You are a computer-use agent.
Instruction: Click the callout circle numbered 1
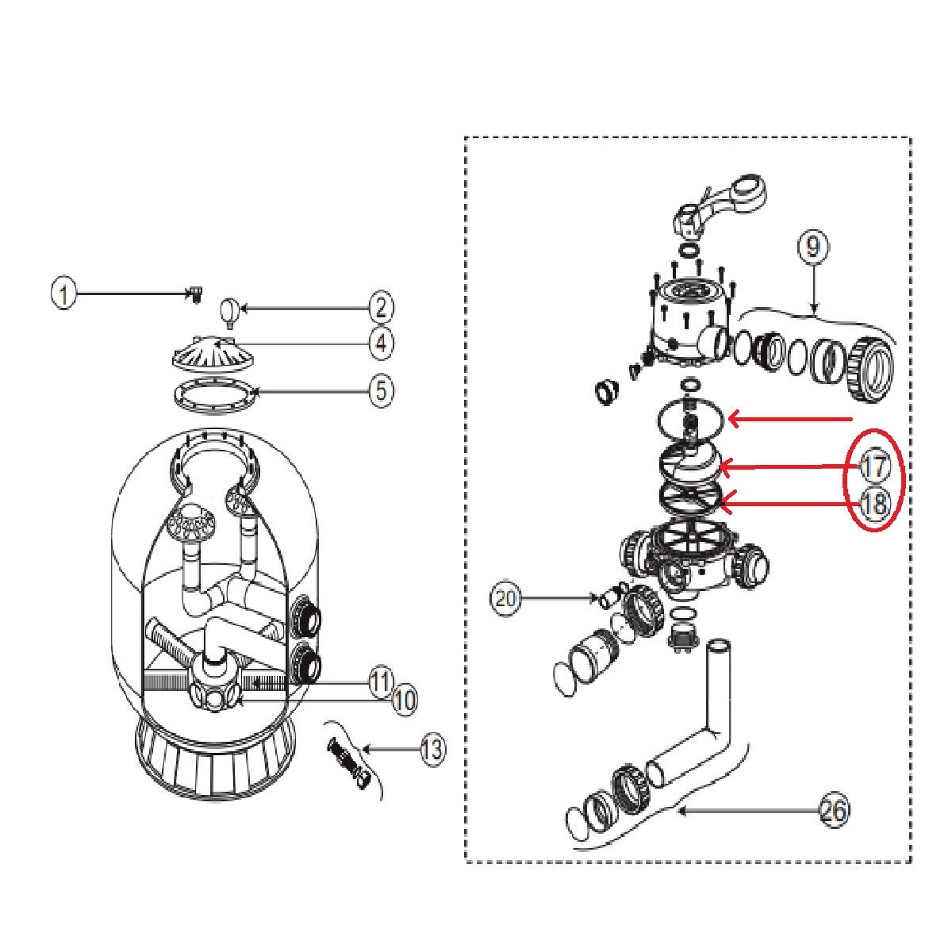(x=64, y=294)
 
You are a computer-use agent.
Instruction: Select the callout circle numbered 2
(x=382, y=309)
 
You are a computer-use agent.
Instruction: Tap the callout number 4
(x=382, y=343)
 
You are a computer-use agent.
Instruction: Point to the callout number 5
(x=382, y=390)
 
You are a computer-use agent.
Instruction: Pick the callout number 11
(x=381, y=682)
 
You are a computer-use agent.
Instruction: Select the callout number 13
(x=433, y=749)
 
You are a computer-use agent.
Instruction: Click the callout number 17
(x=874, y=466)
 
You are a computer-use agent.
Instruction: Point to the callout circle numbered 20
(x=505, y=599)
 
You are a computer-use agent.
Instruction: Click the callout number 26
(x=834, y=811)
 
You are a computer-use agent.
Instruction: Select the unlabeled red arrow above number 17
(x=790, y=420)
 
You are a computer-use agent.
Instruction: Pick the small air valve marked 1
(x=196, y=293)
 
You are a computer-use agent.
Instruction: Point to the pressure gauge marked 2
(x=229, y=313)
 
